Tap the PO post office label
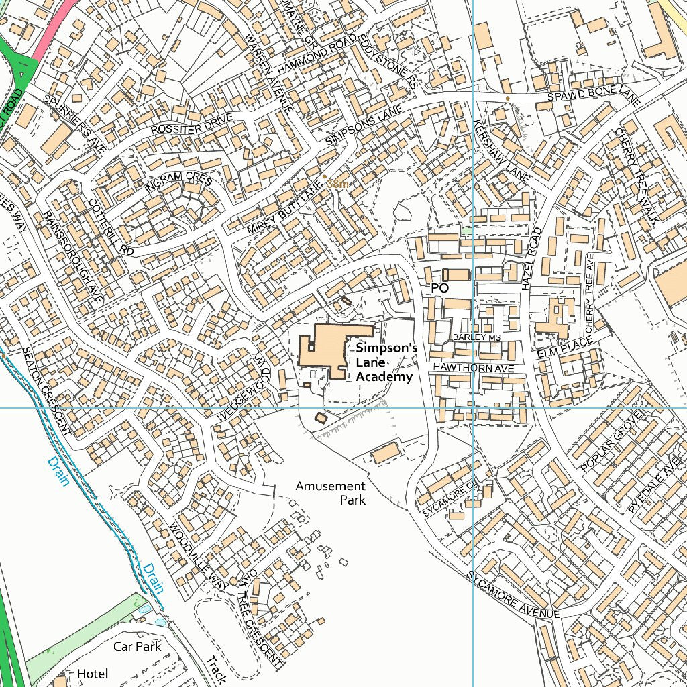pyautogui.click(x=439, y=287)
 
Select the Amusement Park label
pyautogui.click(x=331, y=492)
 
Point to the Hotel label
pyautogui.click(x=92, y=673)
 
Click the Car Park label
pyautogui.click(x=137, y=646)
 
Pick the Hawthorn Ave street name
pyautogui.click(x=472, y=368)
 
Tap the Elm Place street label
pyautogui.click(x=565, y=348)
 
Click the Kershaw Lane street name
pyautogui.click(x=501, y=151)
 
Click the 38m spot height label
pyautogui.click(x=337, y=183)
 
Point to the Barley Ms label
pyautogui.click(x=477, y=337)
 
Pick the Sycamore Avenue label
pyautogui.click(x=513, y=596)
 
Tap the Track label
pyautogui.click(x=216, y=670)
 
